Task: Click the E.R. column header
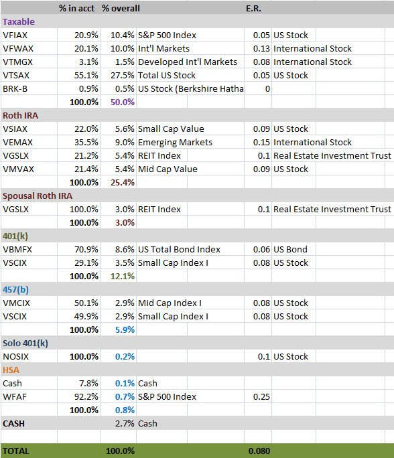253,9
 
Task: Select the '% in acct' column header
77,9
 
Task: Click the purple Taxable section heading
19,22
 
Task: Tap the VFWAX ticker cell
18,48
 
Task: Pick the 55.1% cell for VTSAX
86,76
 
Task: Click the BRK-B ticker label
15,89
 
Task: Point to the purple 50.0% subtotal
123,102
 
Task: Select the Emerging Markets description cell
175,143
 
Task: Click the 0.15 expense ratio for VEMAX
261,143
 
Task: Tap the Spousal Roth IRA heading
38,196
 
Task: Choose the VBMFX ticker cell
17,250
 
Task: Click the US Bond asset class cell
290,250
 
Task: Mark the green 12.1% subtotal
123,277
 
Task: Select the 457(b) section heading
16,290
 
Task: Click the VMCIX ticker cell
16,303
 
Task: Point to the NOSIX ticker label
16,357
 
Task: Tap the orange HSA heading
11,370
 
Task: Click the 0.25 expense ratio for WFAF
261,397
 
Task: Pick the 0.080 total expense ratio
259,451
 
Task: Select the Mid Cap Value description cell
168,169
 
